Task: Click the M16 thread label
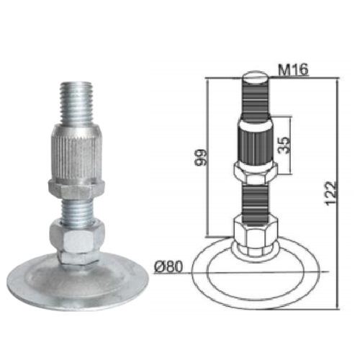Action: pos(292,70)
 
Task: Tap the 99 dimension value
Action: pos(201,157)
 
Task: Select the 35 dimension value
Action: pos(284,145)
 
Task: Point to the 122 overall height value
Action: pos(330,194)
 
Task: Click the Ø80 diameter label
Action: pos(168,266)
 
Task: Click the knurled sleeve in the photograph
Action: pos(76,153)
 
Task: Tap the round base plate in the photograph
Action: pos(77,282)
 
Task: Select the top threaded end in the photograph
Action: pos(76,103)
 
